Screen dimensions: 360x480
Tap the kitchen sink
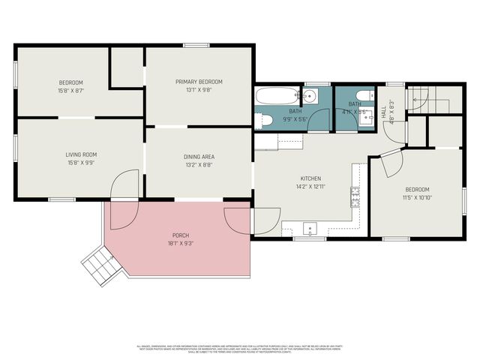(308, 227)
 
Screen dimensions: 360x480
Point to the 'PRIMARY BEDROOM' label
(199, 82)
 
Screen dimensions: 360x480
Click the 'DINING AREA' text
(199, 157)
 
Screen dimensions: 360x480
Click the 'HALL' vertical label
(384, 112)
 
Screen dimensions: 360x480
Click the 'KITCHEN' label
(310, 178)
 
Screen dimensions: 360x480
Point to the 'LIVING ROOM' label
(81, 154)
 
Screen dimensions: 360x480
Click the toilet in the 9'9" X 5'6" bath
(265, 118)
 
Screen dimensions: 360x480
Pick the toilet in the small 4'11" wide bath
(361, 95)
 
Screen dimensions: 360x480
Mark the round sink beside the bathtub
(309, 95)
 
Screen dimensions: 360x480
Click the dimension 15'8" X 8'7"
(71, 90)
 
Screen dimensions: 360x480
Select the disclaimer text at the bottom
(239, 348)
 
